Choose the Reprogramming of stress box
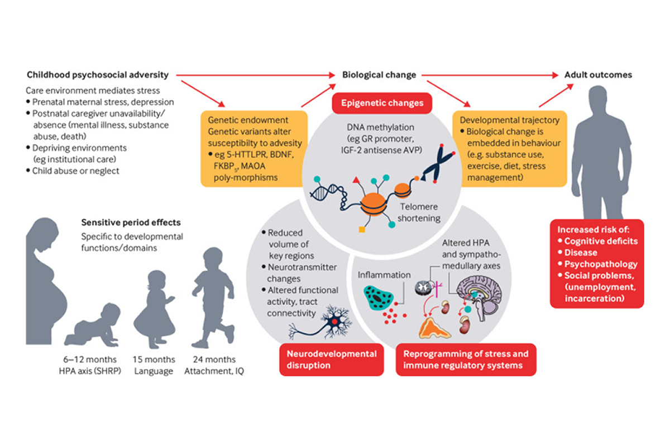tap(466, 359)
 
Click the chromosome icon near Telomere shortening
tap(447, 162)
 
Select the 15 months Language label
tap(154, 365)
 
